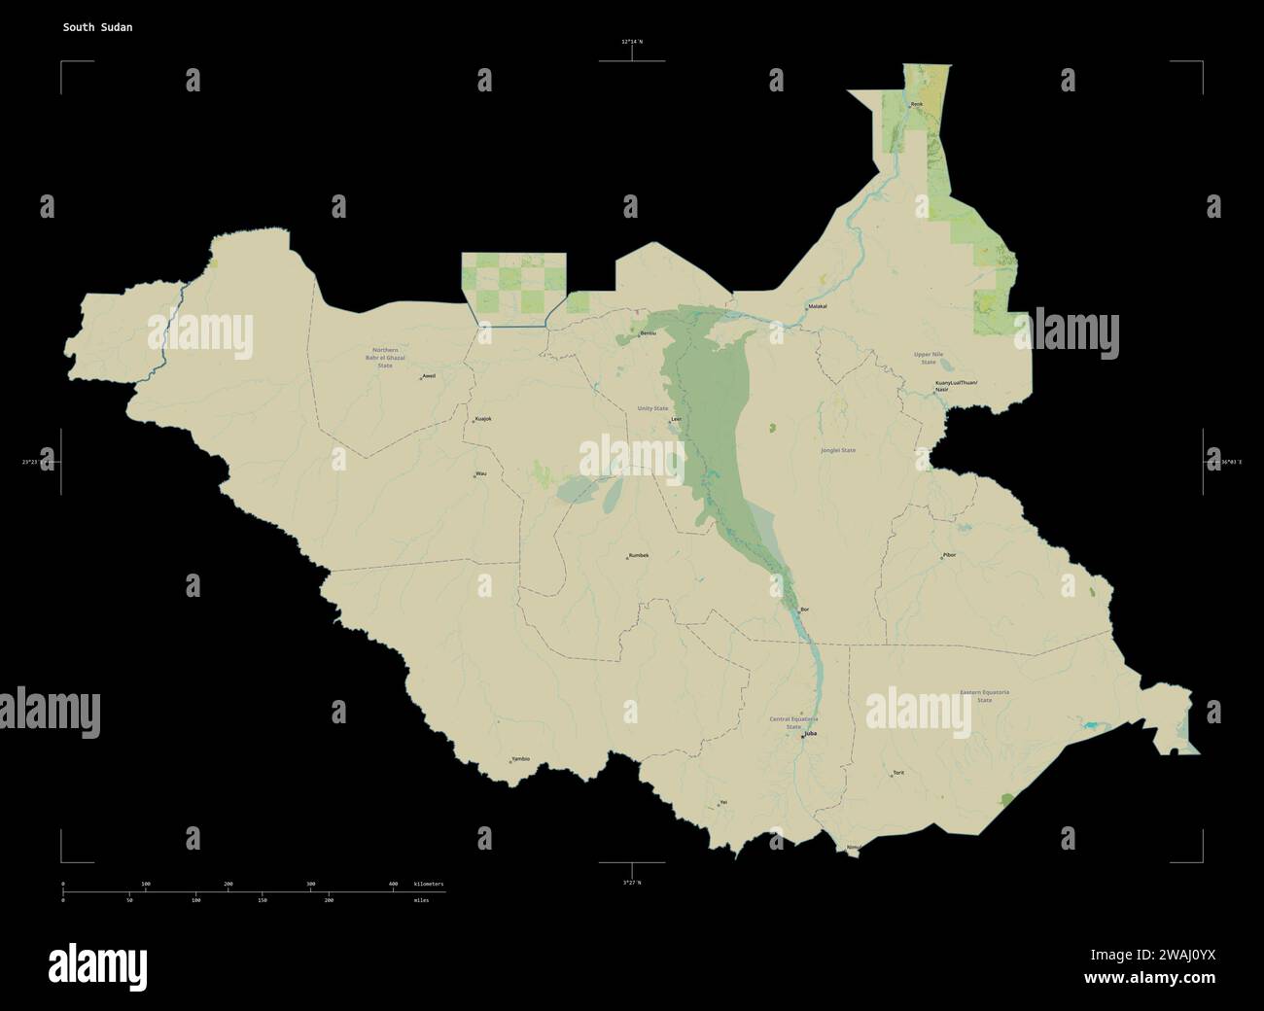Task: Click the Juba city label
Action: (x=810, y=735)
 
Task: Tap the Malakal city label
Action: (x=817, y=306)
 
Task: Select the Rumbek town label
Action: (x=638, y=555)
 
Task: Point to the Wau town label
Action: (x=480, y=473)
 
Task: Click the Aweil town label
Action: (x=429, y=375)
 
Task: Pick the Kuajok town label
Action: (x=482, y=419)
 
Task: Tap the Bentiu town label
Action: (x=648, y=332)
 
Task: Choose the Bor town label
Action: (x=804, y=610)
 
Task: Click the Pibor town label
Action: (x=949, y=555)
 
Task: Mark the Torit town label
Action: (x=898, y=773)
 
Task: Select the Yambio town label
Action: (x=520, y=759)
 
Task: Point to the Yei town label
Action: (x=722, y=802)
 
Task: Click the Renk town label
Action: (x=916, y=104)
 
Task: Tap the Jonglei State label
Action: (x=838, y=450)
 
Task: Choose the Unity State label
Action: (x=652, y=408)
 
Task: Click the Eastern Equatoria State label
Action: (x=984, y=696)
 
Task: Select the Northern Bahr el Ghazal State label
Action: (x=385, y=357)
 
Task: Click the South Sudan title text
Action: (x=98, y=27)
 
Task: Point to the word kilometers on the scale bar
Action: (x=429, y=884)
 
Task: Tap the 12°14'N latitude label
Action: (x=632, y=42)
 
